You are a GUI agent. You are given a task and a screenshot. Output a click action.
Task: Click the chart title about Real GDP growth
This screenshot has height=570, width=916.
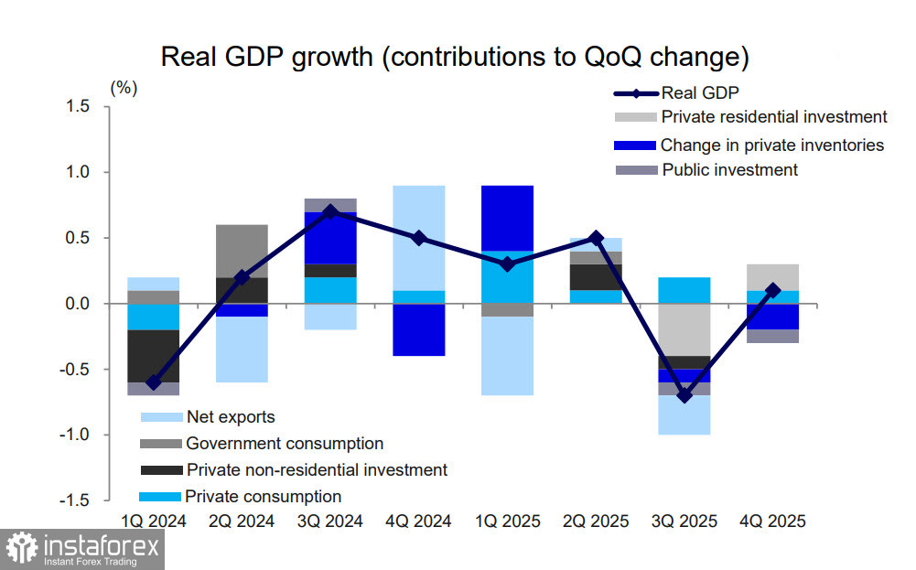[x=455, y=57]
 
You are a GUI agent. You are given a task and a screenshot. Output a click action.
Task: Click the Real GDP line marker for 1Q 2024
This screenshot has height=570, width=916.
[x=154, y=382]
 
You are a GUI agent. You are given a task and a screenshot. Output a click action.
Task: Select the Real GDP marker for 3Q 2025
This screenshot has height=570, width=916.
[x=684, y=395]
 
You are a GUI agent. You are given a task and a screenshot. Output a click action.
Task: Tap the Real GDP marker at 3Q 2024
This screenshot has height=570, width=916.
[x=330, y=211]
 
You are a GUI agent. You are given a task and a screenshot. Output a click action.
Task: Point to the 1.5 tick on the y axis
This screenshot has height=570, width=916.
[x=77, y=107]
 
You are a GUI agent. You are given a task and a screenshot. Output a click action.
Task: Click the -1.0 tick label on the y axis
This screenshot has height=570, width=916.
[x=74, y=435]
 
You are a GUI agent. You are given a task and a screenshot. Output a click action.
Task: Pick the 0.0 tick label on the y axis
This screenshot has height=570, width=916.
[x=77, y=304]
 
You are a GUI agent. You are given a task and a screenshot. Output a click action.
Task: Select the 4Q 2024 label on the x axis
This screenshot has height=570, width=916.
[x=419, y=522]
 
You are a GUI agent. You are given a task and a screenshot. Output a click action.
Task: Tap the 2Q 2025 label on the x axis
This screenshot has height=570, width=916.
[x=597, y=522]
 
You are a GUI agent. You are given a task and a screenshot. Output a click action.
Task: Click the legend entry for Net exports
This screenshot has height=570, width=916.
[x=230, y=417]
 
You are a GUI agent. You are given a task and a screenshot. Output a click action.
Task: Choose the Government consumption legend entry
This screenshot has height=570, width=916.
[x=284, y=444]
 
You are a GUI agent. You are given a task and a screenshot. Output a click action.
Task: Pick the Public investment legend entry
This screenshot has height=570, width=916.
[x=729, y=170]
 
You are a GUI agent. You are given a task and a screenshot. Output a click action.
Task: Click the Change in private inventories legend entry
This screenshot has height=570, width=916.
[x=771, y=145]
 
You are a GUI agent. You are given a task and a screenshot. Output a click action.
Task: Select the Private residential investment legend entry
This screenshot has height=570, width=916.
[x=773, y=117]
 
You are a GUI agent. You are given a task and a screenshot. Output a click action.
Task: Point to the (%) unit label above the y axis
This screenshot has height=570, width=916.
[x=124, y=88]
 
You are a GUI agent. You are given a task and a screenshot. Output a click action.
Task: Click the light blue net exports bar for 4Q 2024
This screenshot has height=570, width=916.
[x=419, y=238]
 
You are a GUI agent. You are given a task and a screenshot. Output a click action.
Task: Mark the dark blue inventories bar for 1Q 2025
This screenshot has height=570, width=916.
[x=508, y=218]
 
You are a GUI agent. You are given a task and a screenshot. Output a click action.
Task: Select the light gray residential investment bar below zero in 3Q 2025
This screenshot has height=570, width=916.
[x=684, y=329]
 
